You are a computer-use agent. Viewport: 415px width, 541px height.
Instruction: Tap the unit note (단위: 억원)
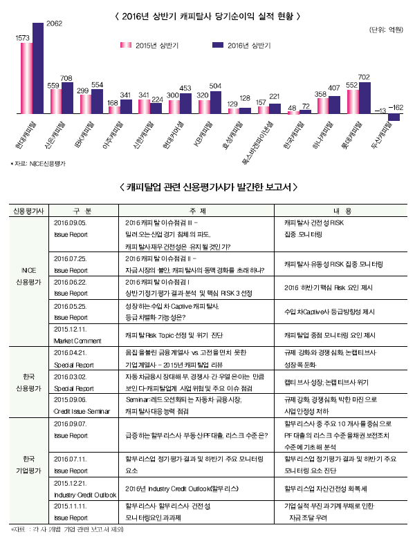click(x=387, y=29)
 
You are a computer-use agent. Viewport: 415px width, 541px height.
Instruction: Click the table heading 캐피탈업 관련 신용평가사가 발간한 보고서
click(x=207, y=187)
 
